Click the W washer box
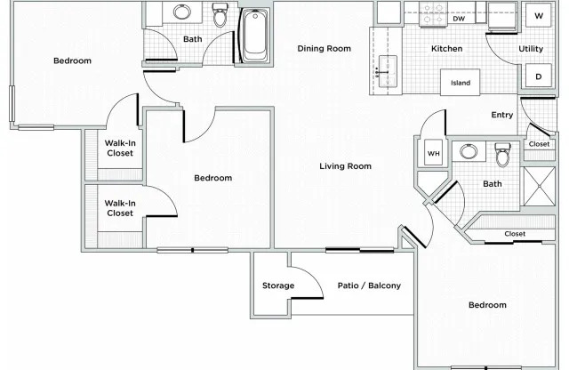[x=538, y=16]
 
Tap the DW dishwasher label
[x=459, y=18]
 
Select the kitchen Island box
[x=461, y=83]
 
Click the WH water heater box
[x=434, y=153]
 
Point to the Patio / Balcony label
[x=369, y=286]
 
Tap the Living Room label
[x=345, y=166]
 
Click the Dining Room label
[x=324, y=49]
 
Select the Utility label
[x=531, y=49]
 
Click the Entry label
[x=502, y=115]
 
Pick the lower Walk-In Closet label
[x=119, y=208]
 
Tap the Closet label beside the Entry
[x=539, y=144]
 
